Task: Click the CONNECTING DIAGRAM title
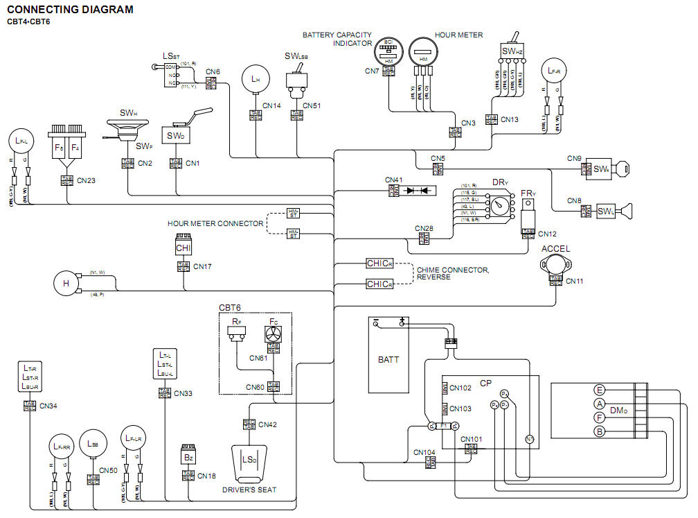point(70,10)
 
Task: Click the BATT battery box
point(388,359)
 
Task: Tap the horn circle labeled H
point(67,284)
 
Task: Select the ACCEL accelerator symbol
point(555,264)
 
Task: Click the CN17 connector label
point(202,266)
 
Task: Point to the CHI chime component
point(183,246)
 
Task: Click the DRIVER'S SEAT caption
point(249,490)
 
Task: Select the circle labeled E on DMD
point(600,390)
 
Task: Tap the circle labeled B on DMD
point(600,431)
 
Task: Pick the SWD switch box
point(175,136)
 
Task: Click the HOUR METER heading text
point(459,35)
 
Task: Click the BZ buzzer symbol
point(188,458)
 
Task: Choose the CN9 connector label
point(573,158)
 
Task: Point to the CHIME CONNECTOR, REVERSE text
point(452,274)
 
